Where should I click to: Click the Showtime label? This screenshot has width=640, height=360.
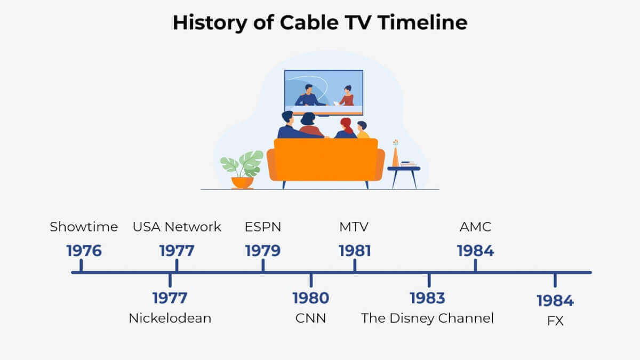point(84,227)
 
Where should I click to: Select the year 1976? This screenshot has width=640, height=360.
point(84,251)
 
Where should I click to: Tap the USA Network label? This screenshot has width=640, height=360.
point(177,227)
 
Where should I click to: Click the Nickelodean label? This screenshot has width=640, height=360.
point(170,318)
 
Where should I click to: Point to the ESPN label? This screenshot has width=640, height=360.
point(263,227)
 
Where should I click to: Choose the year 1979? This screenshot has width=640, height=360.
point(263,251)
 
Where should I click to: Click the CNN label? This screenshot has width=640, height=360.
point(310,318)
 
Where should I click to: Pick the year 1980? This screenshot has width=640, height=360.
point(311,298)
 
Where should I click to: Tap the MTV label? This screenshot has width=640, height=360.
point(354,227)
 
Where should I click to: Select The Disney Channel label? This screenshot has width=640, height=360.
point(427,318)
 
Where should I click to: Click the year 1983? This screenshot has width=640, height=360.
point(427,298)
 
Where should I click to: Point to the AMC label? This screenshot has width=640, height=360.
point(475,227)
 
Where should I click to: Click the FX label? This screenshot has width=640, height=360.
point(555,321)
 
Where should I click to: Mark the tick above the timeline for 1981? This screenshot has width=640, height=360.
point(355,265)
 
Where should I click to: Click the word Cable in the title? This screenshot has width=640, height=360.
point(309,22)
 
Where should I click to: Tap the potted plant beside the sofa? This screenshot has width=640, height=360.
point(242,170)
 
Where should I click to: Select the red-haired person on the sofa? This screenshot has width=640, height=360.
point(346,129)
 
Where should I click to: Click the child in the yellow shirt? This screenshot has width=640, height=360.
point(362,130)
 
